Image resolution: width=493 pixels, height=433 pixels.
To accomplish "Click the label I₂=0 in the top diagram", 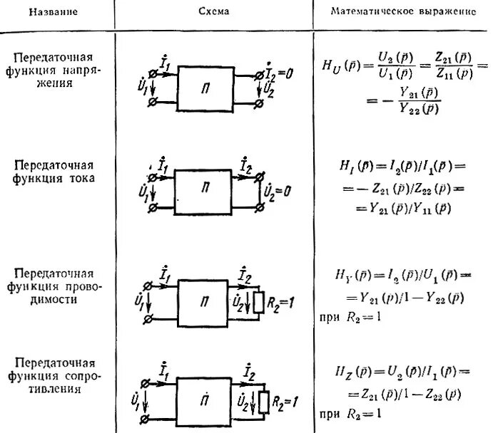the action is [x=283, y=69].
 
